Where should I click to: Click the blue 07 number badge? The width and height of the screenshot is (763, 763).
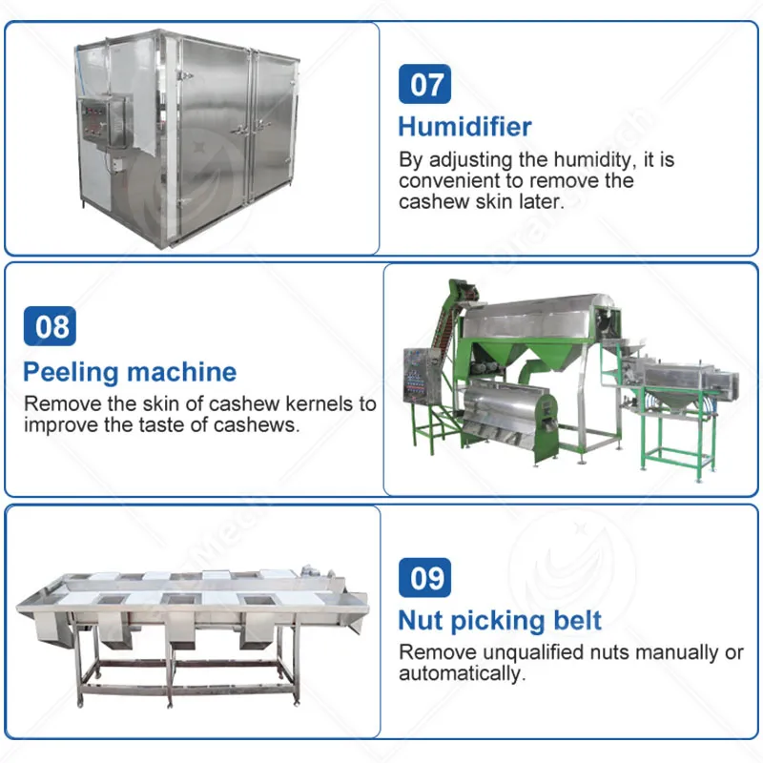(424, 84)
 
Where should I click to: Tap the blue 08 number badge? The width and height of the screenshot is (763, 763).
(50, 326)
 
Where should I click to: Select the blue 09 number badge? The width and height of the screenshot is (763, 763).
(424, 578)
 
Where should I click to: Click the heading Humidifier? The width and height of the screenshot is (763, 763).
(464, 127)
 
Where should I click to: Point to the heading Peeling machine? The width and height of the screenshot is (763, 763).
(130, 373)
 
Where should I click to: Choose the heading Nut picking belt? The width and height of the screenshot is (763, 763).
(500, 622)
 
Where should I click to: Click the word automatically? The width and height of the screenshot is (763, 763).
(463, 674)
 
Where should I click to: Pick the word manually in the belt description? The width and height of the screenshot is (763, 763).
(677, 652)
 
